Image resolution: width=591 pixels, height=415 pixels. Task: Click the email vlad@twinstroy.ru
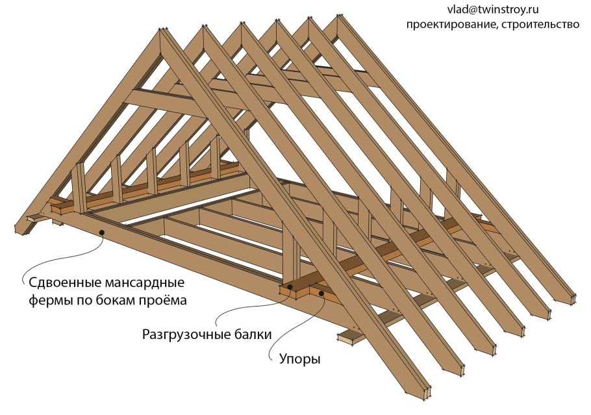(493, 10)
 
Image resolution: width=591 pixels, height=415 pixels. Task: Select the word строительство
(540, 25)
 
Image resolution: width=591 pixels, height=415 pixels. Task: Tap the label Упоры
(299, 358)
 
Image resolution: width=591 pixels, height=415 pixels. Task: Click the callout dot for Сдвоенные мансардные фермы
(101, 233)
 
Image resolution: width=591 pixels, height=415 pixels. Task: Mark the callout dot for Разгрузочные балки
(290, 287)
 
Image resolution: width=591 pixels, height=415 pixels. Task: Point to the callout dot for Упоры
(321, 293)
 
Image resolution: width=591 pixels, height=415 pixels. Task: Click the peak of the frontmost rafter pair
(163, 29)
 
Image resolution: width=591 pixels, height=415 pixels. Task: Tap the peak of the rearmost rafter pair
(340, 16)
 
